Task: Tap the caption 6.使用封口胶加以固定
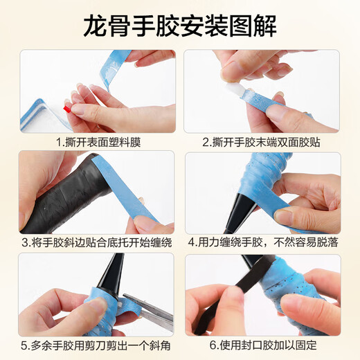(263, 343)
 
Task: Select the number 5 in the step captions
(24, 343)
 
